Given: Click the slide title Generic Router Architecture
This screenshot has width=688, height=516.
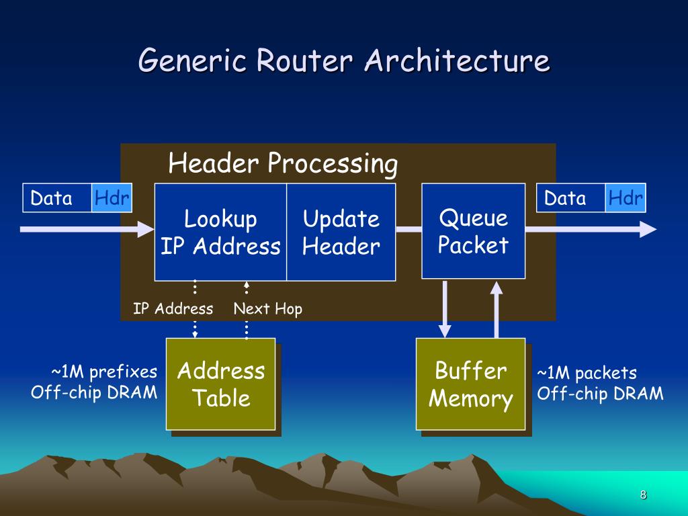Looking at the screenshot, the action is coord(344,60).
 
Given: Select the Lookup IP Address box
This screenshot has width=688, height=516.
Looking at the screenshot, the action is coord(220,232).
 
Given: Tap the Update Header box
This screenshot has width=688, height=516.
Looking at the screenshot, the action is coord(341,232).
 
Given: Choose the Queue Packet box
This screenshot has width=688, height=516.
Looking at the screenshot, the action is coord(474,231).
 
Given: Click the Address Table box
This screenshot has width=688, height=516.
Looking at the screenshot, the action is coord(220,384).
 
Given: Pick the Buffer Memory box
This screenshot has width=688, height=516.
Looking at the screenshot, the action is coord(471,384).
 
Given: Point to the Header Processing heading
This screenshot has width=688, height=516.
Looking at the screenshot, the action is coord(283,164).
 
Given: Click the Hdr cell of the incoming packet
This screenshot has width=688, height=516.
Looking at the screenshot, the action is coord(112,198).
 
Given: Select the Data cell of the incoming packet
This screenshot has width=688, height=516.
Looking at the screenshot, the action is coord(57,198).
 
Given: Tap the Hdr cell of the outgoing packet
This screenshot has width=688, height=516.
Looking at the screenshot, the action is coord(626,198).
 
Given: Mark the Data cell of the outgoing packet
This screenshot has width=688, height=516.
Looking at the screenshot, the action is coord(571,198).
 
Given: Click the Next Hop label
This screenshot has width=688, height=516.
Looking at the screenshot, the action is coord(267,309).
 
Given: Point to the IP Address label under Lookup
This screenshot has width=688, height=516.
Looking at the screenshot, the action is coord(173,308).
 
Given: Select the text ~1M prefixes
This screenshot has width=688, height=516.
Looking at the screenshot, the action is coord(104,372).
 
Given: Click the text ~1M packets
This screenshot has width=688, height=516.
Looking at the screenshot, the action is coord(587,373).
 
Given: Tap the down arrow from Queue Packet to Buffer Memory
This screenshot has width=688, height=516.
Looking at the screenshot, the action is coord(445,309).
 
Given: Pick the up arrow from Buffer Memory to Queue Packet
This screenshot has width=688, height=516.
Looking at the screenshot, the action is coord(497,309).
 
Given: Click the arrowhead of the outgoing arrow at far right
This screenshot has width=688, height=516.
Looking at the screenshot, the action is coord(648,229).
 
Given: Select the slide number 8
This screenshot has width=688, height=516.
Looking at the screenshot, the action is coord(643,495).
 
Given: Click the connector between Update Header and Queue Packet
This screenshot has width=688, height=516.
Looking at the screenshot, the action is coord(408,229).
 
